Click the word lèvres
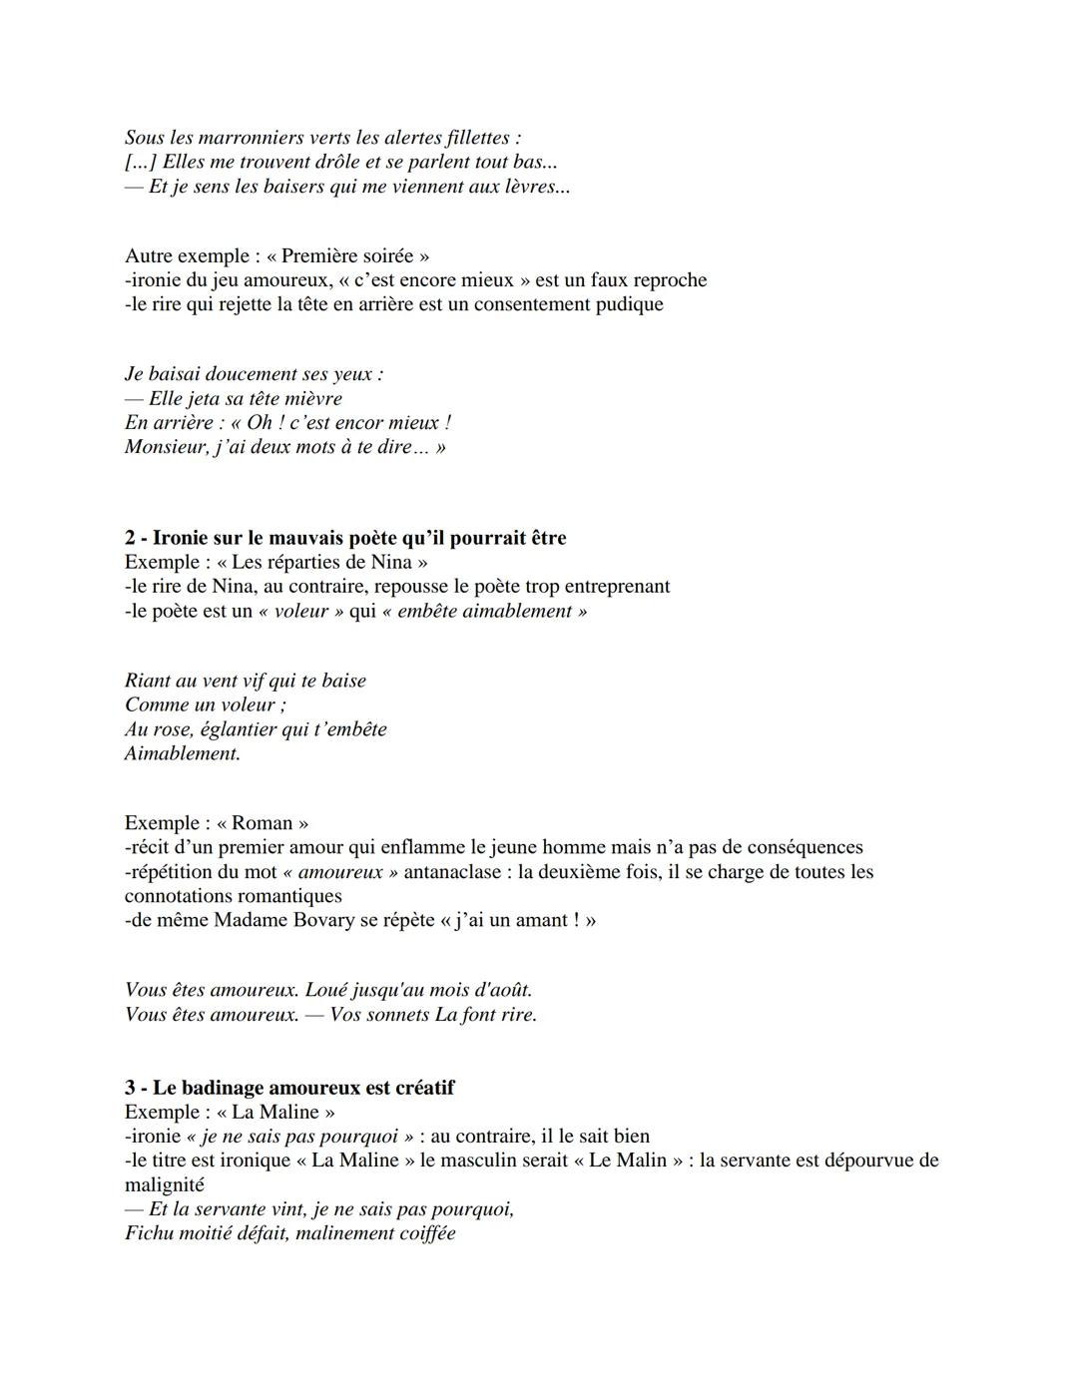coord(539,187)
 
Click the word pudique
coord(629,304)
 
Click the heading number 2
coord(131,538)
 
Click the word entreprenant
coord(613,587)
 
